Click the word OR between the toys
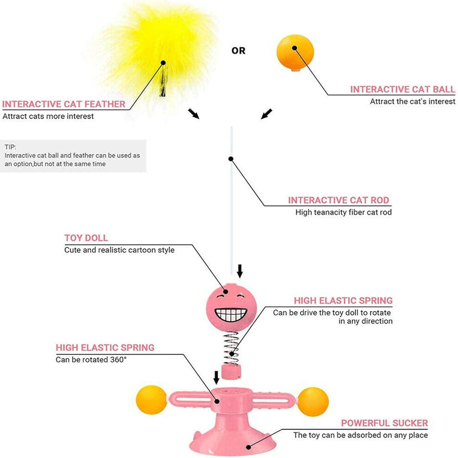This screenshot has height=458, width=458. click(x=238, y=51)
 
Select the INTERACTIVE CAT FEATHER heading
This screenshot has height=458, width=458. click(x=64, y=104)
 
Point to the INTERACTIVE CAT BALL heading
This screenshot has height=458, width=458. click(x=403, y=89)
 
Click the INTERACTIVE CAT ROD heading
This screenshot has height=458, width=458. click(x=338, y=200)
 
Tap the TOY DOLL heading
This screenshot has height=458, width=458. click(x=86, y=238)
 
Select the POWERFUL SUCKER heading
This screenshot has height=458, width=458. click(x=384, y=423)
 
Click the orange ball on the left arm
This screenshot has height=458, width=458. click(x=152, y=399)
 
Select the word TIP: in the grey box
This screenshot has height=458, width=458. click(x=10, y=147)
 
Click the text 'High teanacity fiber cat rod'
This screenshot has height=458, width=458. click(x=343, y=213)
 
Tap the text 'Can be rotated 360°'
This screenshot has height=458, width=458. click(x=91, y=360)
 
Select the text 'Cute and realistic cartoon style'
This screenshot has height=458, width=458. click(x=119, y=250)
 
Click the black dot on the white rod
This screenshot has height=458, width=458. click(x=231, y=159)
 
